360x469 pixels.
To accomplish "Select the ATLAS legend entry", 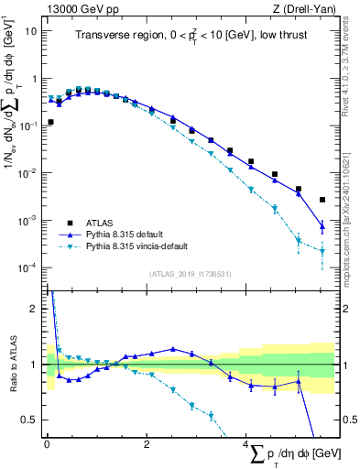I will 100,222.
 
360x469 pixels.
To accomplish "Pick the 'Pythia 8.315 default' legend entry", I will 130,234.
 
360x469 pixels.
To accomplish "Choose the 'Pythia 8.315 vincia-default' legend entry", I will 144,246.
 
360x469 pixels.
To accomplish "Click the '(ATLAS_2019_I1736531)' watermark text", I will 190,274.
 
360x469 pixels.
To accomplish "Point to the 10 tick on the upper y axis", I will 33,30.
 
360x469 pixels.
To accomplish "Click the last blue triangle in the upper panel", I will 322,226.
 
